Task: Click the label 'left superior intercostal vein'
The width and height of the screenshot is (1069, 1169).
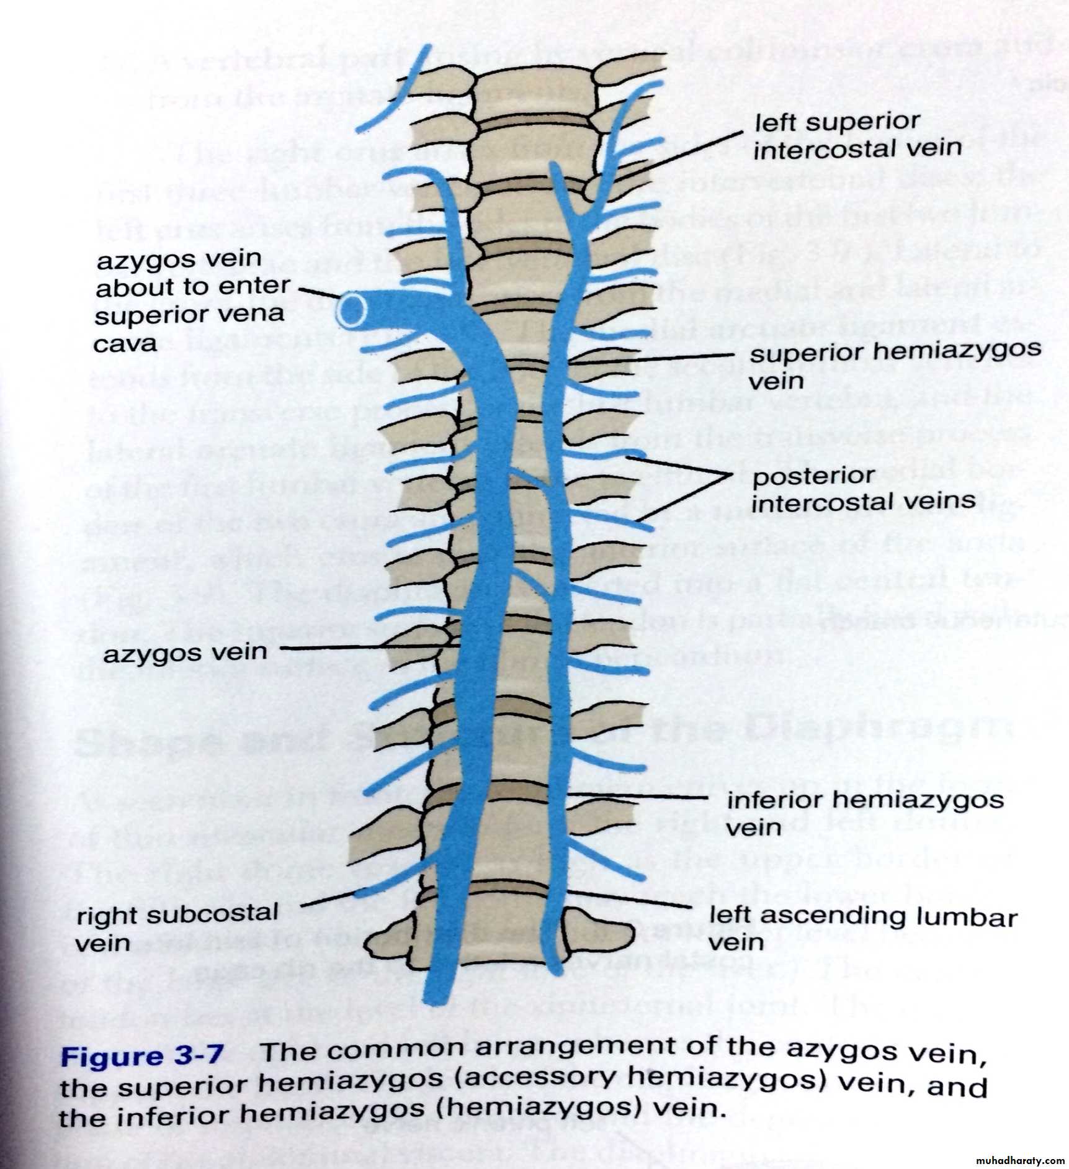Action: (x=857, y=136)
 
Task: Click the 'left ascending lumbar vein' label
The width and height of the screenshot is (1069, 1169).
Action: (x=863, y=928)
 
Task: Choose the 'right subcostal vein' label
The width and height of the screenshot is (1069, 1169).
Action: (x=177, y=927)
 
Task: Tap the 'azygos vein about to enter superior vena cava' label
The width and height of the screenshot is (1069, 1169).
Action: (x=192, y=300)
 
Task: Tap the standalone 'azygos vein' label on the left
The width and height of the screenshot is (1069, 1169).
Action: (x=185, y=652)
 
